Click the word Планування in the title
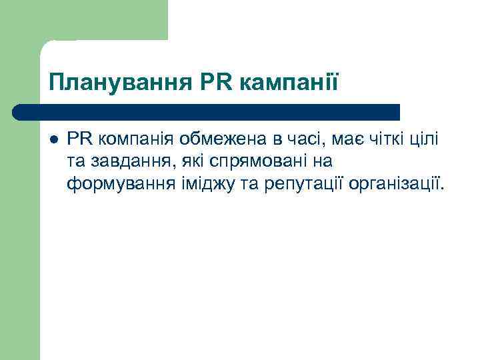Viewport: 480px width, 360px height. tap(119, 83)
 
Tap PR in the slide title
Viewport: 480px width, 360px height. tap(214, 83)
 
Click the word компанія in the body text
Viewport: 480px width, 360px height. tap(135, 139)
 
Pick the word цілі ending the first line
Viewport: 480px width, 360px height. tap(428, 139)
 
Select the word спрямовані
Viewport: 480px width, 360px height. tap(254, 161)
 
